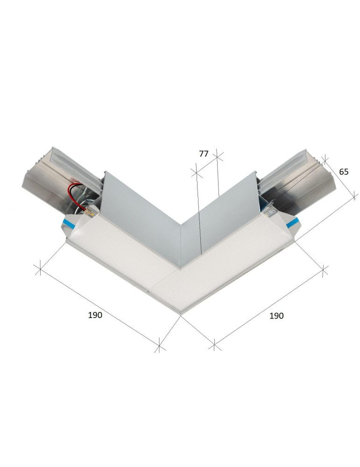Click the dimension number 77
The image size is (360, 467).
click(203, 154)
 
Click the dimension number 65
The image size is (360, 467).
click(344, 171)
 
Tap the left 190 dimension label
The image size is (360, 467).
click(95, 315)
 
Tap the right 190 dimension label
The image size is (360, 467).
click(276, 316)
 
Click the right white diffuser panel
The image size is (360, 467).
click(233, 262)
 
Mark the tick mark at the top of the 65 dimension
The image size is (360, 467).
click(325, 160)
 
